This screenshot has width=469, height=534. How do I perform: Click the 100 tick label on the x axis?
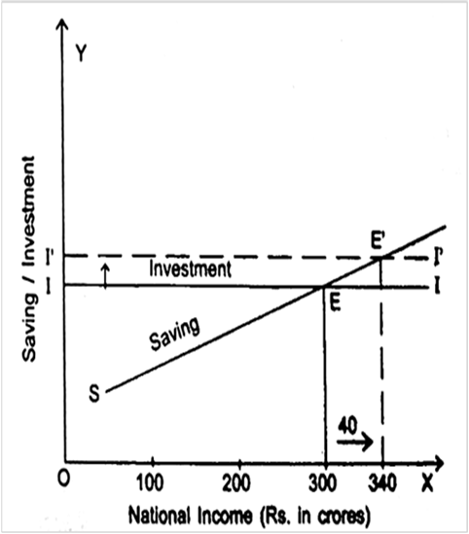[x=150, y=482]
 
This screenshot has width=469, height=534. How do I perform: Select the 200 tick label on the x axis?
[x=236, y=482]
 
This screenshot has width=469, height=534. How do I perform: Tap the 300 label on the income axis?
[x=323, y=482]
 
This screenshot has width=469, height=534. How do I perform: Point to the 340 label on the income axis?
[x=382, y=482]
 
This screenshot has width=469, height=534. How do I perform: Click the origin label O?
[x=63, y=479]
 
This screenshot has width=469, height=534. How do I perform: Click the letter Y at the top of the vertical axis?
[x=81, y=53]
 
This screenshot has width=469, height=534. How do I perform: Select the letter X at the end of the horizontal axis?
[x=427, y=482]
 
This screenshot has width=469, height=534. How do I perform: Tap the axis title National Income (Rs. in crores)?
[x=249, y=516]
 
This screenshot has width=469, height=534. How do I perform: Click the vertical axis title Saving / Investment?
[x=29, y=259]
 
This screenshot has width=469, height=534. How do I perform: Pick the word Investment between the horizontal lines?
[x=190, y=268]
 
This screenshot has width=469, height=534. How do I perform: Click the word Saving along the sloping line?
[x=174, y=333]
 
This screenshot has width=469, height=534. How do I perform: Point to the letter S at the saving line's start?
[x=94, y=393]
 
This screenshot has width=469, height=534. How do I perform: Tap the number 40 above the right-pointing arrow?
[x=347, y=426]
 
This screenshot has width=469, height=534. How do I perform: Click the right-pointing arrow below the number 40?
[x=355, y=442]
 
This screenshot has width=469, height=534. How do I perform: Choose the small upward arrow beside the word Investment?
[x=106, y=276]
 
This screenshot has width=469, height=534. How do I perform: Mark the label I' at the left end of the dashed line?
[x=50, y=259]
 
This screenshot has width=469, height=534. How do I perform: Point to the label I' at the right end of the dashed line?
[x=438, y=258]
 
